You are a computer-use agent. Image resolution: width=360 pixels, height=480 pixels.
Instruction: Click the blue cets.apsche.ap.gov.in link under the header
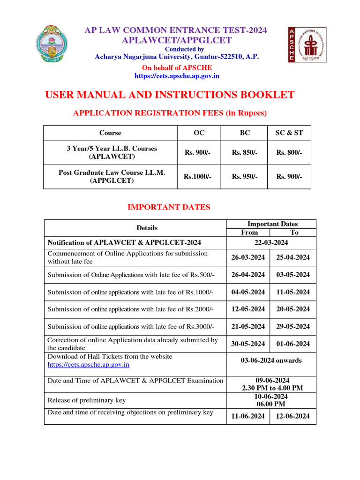177,75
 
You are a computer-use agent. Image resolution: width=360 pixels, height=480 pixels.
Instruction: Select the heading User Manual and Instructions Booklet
170,95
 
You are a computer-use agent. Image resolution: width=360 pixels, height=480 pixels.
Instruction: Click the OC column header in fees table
199,133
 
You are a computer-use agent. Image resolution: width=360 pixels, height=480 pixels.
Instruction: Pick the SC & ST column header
289,133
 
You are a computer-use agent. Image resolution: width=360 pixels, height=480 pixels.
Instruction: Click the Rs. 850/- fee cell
245,152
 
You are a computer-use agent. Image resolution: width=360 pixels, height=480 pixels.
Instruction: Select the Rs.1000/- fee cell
197,177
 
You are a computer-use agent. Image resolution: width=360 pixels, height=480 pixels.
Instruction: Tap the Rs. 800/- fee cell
289,152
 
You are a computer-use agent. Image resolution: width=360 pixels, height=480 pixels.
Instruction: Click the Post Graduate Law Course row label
112,176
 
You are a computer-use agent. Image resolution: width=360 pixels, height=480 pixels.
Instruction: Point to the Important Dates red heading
169,207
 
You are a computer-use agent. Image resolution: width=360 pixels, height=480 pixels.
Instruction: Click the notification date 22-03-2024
271,242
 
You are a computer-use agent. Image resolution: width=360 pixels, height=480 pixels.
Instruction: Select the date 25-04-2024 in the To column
293,257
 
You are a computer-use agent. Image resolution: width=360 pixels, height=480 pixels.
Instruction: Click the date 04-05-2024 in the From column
248,292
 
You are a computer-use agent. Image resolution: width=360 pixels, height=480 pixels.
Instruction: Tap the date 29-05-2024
293,326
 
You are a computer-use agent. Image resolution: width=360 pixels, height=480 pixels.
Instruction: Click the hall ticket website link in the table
89,364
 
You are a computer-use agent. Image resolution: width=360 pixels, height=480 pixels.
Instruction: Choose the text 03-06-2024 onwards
271,360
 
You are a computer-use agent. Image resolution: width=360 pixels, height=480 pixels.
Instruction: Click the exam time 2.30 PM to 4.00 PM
272,388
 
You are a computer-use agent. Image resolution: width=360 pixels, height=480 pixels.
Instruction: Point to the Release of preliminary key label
86,400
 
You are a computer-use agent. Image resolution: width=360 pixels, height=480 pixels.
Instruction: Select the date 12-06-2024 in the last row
293,416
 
